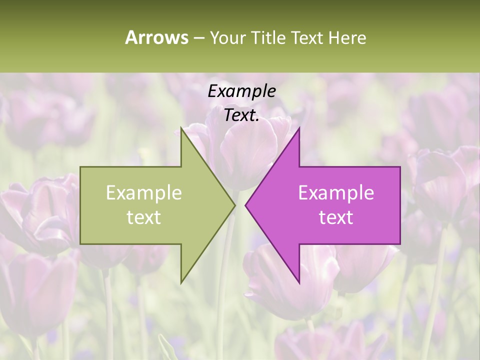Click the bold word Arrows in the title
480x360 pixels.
click(156, 37)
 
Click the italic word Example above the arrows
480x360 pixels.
click(241, 91)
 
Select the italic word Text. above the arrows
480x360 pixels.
click(241, 115)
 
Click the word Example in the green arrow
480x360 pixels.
click(144, 193)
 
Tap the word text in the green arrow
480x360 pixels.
click(144, 217)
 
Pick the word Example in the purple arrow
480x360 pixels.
click(336, 193)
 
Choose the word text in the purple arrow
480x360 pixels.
click(336, 217)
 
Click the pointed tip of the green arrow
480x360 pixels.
click(235, 205)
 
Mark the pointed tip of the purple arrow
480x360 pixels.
click(245, 205)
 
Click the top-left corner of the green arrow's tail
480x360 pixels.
click(80, 167)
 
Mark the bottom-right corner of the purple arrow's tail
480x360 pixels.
click(400, 244)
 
